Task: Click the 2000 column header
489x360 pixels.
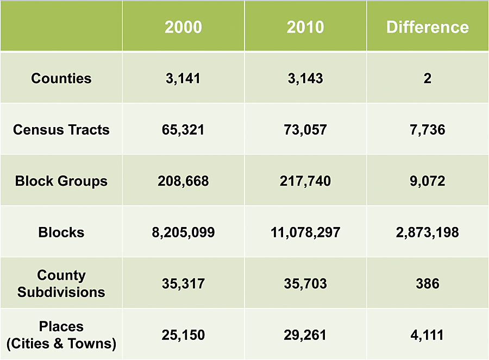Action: pyautogui.click(x=183, y=27)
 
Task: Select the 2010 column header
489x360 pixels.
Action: pyautogui.click(x=305, y=27)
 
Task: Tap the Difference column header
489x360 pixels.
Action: pyautogui.click(x=428, y=27)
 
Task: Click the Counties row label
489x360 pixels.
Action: pyautogui.click(x=61, y=78)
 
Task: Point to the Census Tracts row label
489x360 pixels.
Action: pyautogui.click(x=61, y=130)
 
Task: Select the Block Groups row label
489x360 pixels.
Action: pyautogui.click(x=61, y=181)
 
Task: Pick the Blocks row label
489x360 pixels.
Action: pyautogui.click(x=61, y=232)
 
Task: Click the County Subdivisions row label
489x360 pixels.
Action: pyautogui.click(x=61, y=283)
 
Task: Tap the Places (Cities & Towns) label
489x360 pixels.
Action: pyautogui.click(x=61, y=334)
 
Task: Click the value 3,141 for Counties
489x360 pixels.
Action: pyautogui.click(x=183, y=78)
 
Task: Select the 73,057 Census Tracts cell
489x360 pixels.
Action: pyautogui.click(x=305, y=130)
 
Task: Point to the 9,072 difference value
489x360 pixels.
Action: pyautogui.click(x=428, y=181)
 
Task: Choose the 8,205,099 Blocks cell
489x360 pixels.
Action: pyautogui.click(x=183, y=232)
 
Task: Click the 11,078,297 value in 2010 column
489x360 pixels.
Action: pyautogui.click(x=305, y=232)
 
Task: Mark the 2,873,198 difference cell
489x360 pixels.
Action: pyautogui.click(x=428, y=232)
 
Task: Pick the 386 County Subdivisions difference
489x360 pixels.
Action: pyautogui.click(x=428, y=283)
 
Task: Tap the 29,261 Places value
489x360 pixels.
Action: pyautogui.click(x=305, y=334)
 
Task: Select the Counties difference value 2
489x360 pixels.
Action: pyautogui.click(x=428, y=78)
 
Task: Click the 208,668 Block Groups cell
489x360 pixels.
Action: pyautogui.click(x=183, y=181)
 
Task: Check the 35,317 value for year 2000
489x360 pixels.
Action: pyautogui.click(x=183, y=283)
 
